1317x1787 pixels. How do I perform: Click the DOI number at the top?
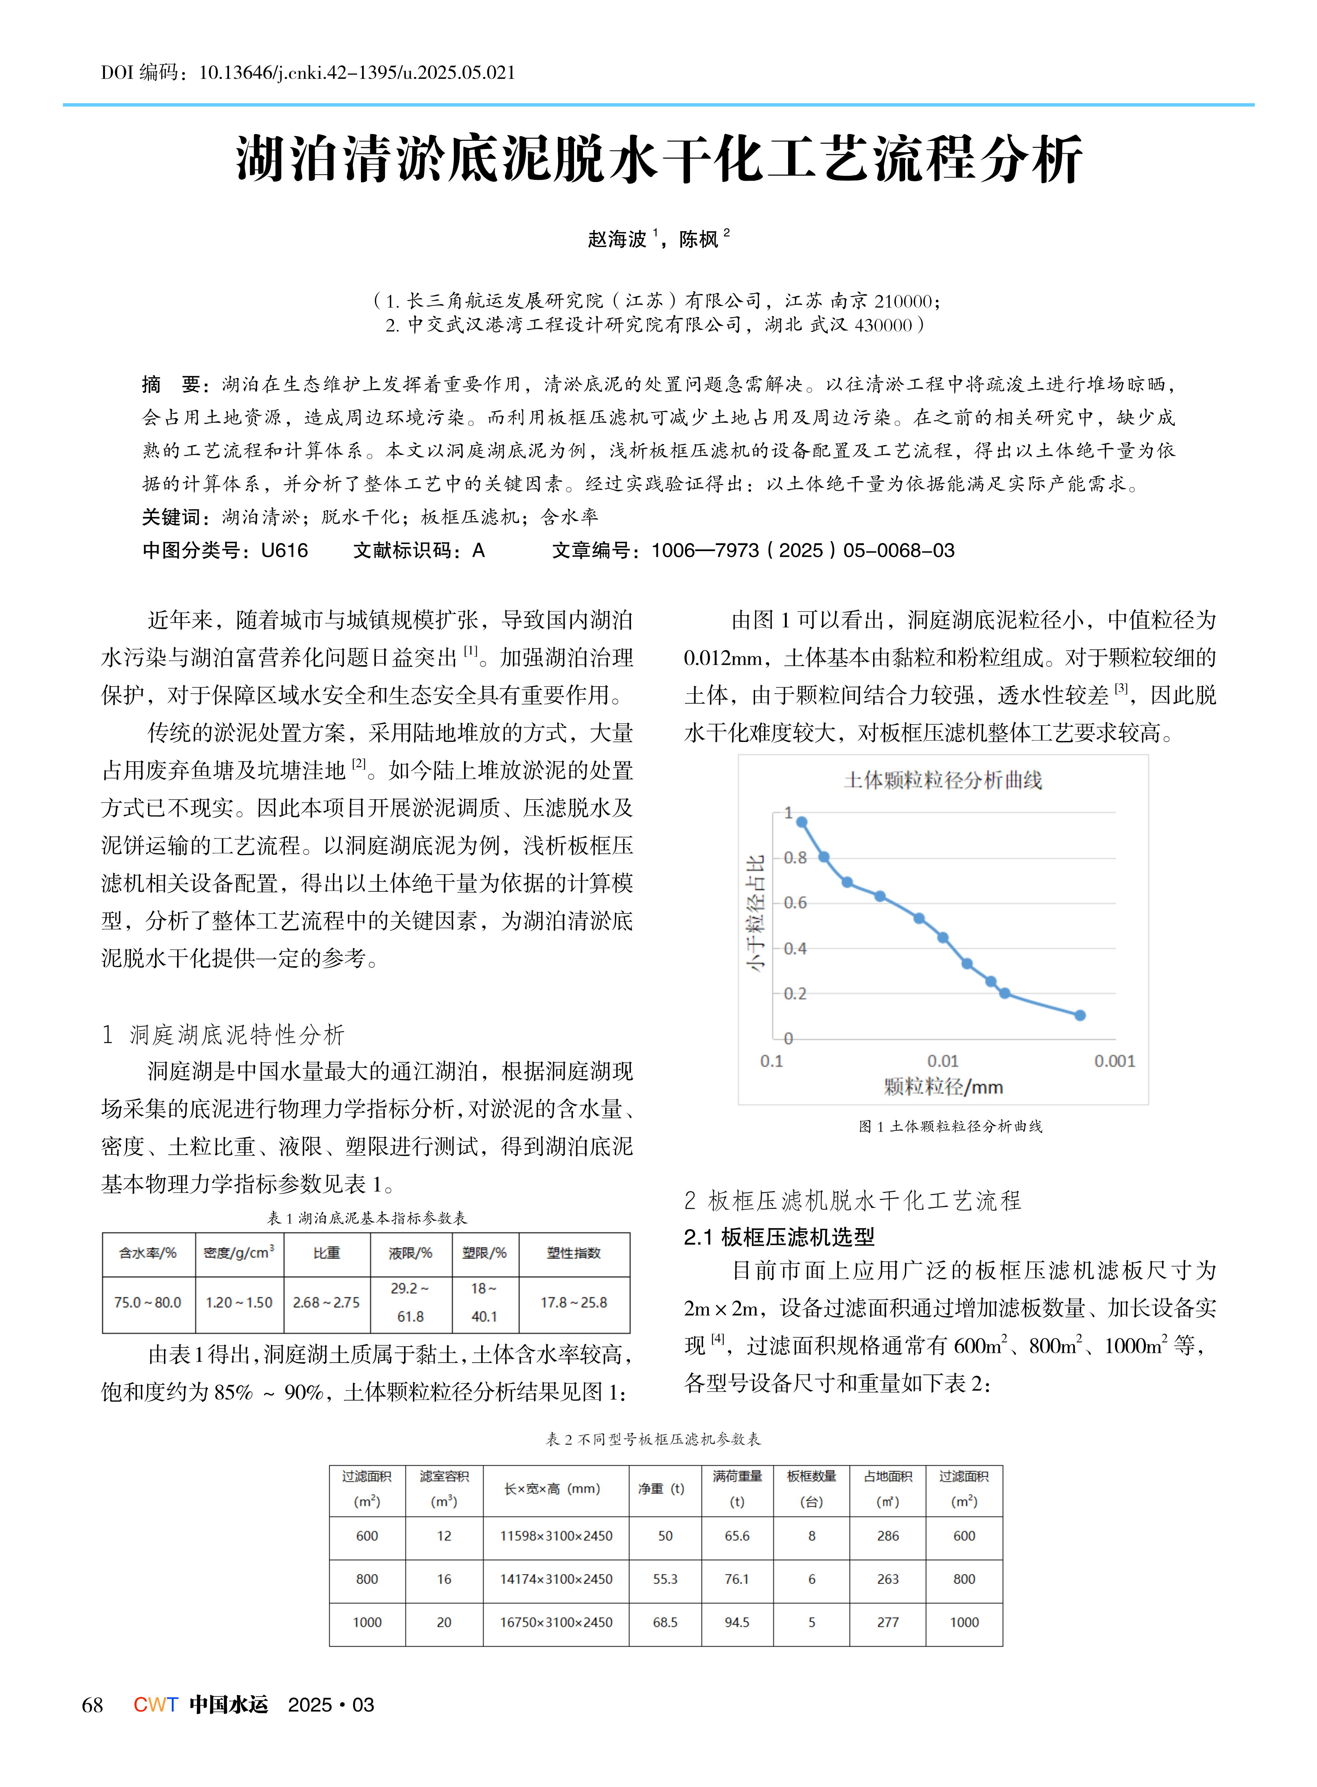[x=356, y=73]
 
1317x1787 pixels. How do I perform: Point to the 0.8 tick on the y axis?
[x=795, y=858]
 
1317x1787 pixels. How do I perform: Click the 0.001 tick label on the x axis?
[x=1114, y=1061]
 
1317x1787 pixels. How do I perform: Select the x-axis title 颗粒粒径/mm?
[x=943, y=1087]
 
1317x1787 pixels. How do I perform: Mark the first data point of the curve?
[x=802, y=822]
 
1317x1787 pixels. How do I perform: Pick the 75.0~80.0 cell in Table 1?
[x=148, y=1302]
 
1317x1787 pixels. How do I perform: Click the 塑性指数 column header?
[x=574, y=1253]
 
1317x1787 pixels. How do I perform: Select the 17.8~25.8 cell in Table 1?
[x=574, y=1302]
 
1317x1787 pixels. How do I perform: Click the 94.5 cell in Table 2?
[x=737, y=1622]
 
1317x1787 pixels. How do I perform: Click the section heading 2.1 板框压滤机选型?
[x=779, y=1237]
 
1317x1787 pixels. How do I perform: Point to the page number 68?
[x=92, y=1705]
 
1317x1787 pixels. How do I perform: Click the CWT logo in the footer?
[x=155, y=1705]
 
